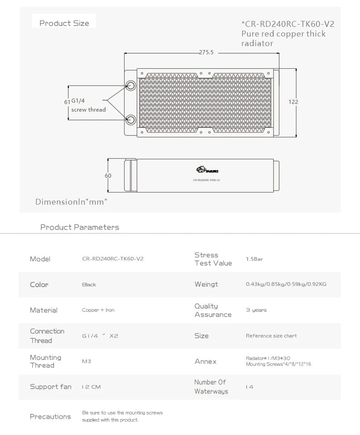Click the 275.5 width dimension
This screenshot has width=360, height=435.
pos(206,52)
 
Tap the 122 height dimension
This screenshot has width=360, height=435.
pos(293,102)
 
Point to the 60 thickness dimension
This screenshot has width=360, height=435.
pos(108,176)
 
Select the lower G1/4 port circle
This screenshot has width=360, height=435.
pos(131,120)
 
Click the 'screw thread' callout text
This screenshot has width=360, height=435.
pos(89,110)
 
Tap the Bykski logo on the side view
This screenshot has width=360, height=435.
pos(206,171)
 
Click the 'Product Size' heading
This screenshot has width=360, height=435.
pos(64,23)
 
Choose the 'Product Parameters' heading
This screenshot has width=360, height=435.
pos(80,227)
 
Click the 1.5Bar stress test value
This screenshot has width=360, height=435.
pos(255,259)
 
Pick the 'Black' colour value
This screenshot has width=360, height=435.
pos(89,284)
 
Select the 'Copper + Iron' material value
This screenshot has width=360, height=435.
pos(98,310)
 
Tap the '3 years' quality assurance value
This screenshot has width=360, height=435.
pos(256,310)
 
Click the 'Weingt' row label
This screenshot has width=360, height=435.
pos(206,284)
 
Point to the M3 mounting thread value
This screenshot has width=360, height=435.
pos(86,361)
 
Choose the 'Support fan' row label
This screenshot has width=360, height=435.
pos(50,387)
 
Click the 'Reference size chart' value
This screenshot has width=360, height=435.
pos(271,336)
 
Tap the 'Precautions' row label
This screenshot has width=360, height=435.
pos(50,416)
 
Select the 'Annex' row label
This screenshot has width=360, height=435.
pos(205,361)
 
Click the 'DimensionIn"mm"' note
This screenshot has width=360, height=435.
pos(71,202)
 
